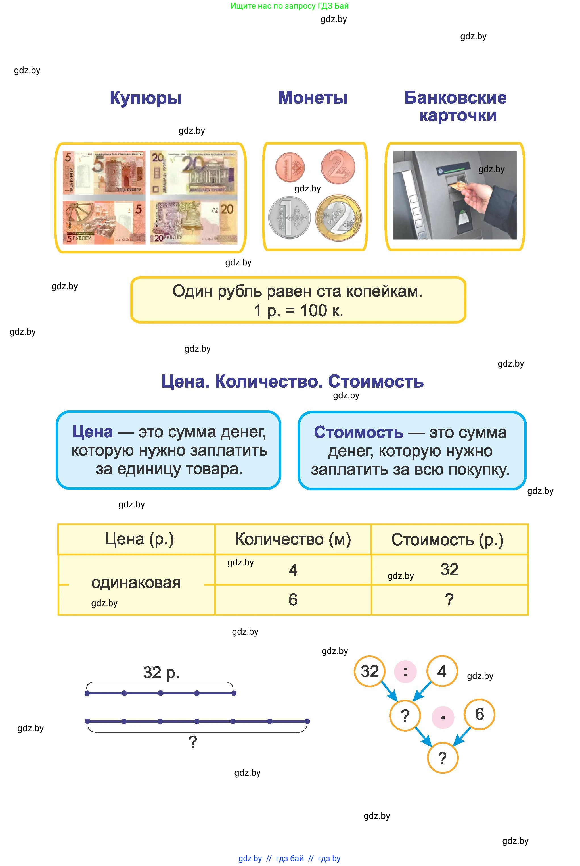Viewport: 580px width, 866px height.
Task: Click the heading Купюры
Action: pos(145,98)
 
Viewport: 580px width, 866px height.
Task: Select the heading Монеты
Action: pos(313,98)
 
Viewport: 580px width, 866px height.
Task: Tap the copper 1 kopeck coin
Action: pos(290,167)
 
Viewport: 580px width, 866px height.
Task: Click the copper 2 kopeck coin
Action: pos(338,167)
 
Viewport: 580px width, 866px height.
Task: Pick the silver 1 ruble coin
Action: pos(289,217)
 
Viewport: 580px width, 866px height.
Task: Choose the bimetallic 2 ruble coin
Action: pos(338,218)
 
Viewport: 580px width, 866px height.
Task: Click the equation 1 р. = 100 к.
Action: pos(298,310)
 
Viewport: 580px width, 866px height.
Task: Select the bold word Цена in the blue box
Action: pos(93,432)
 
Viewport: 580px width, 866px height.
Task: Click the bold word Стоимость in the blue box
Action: pos(358,432)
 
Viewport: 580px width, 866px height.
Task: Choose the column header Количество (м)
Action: pos(293,539)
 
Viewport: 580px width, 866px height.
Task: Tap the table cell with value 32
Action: pos(449,569)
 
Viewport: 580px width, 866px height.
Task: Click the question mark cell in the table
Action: pos(449,599)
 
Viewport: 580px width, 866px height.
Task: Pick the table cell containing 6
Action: pos(293,599)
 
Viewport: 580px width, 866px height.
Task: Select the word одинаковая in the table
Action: pos(136,582)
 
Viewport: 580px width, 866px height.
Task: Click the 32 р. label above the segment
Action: pos(161,673)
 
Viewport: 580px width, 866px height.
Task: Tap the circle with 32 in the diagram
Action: pos(370,671)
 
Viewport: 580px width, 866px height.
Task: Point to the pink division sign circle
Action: pos(405,671)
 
